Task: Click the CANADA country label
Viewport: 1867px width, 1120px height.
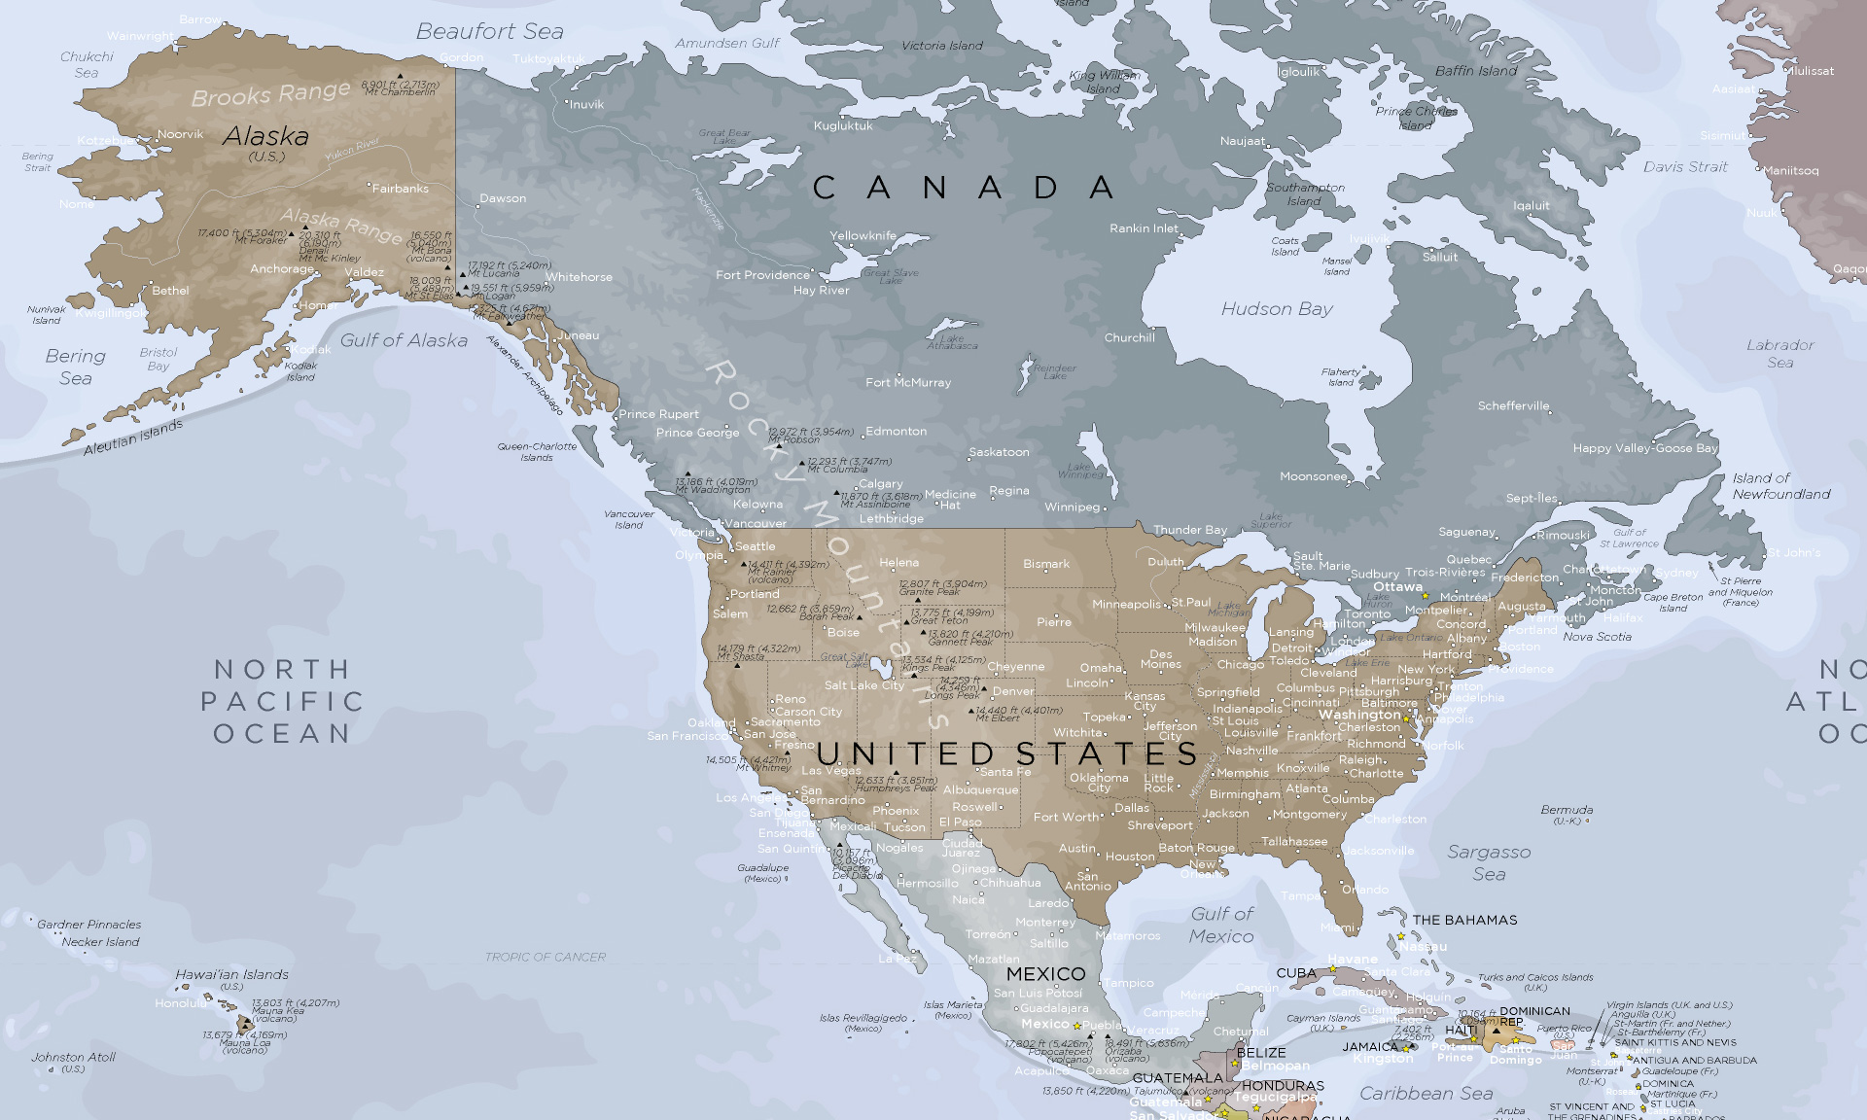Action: (963, 188)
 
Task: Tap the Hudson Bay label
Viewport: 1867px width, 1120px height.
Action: (1277, 309)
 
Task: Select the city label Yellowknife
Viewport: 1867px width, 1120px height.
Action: (863, 235)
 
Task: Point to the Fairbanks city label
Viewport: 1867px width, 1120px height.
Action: (400, 189)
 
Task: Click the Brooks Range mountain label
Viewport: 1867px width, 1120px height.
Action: (270, 94)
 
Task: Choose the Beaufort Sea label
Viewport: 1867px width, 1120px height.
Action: (489, 32)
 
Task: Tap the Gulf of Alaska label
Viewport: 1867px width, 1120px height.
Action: (404, 340)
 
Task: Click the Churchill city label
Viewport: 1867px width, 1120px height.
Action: (1129, 338)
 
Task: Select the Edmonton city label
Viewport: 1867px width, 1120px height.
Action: (896, 431)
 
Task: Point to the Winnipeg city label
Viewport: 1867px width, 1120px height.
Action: (1072, 507)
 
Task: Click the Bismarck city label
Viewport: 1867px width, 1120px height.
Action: (1045, 564)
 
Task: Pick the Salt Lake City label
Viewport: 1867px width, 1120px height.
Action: (863, 685)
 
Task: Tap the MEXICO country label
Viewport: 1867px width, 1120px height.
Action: (1045, 974)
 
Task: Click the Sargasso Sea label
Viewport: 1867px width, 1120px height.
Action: (1489, 862)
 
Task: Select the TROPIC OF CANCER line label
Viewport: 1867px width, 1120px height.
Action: (545, 958)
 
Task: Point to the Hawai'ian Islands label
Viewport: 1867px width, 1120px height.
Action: (231, 975)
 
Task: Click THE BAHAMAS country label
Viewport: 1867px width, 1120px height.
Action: (1464, 920)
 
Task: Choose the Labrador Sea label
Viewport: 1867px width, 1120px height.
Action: (1779, 354)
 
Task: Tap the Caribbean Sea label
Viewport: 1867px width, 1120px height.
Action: (1426, 1094)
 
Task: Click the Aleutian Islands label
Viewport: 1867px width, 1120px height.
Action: (133, 437)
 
